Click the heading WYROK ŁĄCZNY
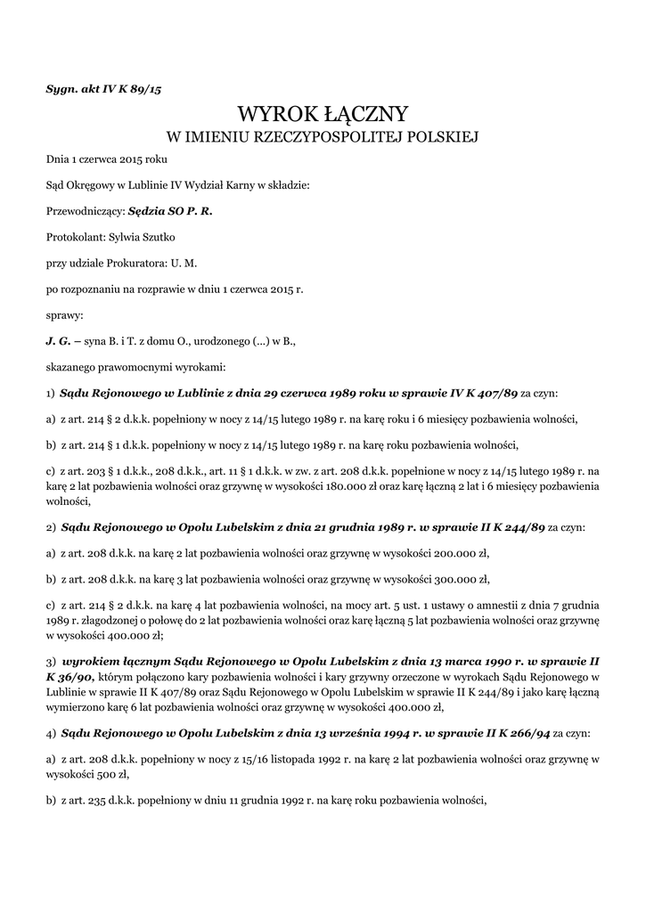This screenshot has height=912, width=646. [323, 114]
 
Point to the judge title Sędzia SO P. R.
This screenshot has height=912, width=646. [170, 211]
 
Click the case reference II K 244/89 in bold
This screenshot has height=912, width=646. [508, 526]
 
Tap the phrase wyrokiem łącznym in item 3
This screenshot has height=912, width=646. [113, 663]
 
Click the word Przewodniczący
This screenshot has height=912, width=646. [85, 211]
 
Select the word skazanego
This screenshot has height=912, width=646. [74, 366]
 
